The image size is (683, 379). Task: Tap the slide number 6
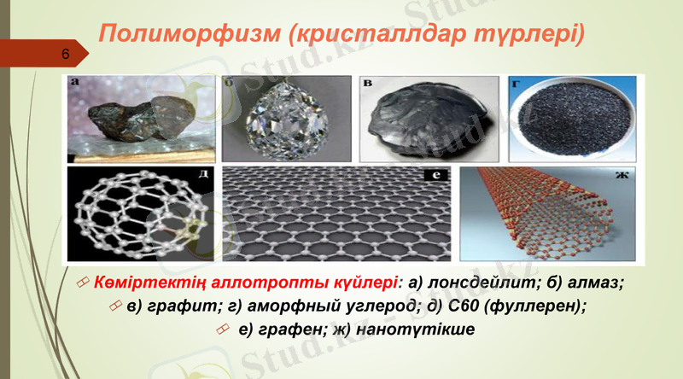[x=65, y=54]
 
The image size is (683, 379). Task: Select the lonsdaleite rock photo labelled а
[x=140, y=119]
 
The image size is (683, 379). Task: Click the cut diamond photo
[x=286, y=119]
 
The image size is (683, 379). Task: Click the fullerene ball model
[x=140, y=213]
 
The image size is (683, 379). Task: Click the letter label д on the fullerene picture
[x=202, y=178]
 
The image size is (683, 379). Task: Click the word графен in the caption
[x=289, y=329]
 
